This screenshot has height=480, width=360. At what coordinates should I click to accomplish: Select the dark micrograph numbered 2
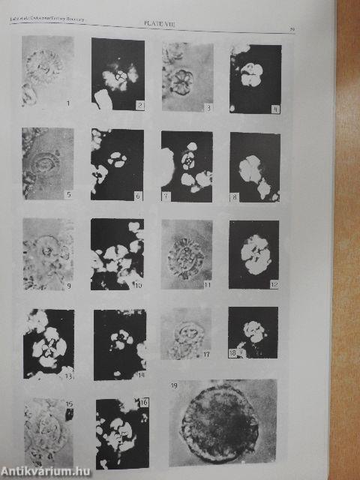click(x=118, y=74)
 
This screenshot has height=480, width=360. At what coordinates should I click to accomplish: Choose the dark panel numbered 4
click(x=255, y=79)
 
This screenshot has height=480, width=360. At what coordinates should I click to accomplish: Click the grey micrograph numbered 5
click(x=48, y=163)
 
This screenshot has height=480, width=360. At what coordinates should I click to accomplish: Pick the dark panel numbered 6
click(x=117, y=165)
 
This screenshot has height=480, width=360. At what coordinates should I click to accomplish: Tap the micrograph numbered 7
click(x=187, y=166)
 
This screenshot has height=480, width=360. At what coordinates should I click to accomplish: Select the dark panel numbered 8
click(x=255, y=167)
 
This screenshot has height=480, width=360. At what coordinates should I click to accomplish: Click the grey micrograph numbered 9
click(x=48, y=253)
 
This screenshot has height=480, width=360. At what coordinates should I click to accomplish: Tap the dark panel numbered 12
click(x=253, y=254)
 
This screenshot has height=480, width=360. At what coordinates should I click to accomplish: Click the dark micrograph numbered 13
click(x=49, y=343)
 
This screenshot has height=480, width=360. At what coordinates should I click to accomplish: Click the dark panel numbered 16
click(x=122, y=434)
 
